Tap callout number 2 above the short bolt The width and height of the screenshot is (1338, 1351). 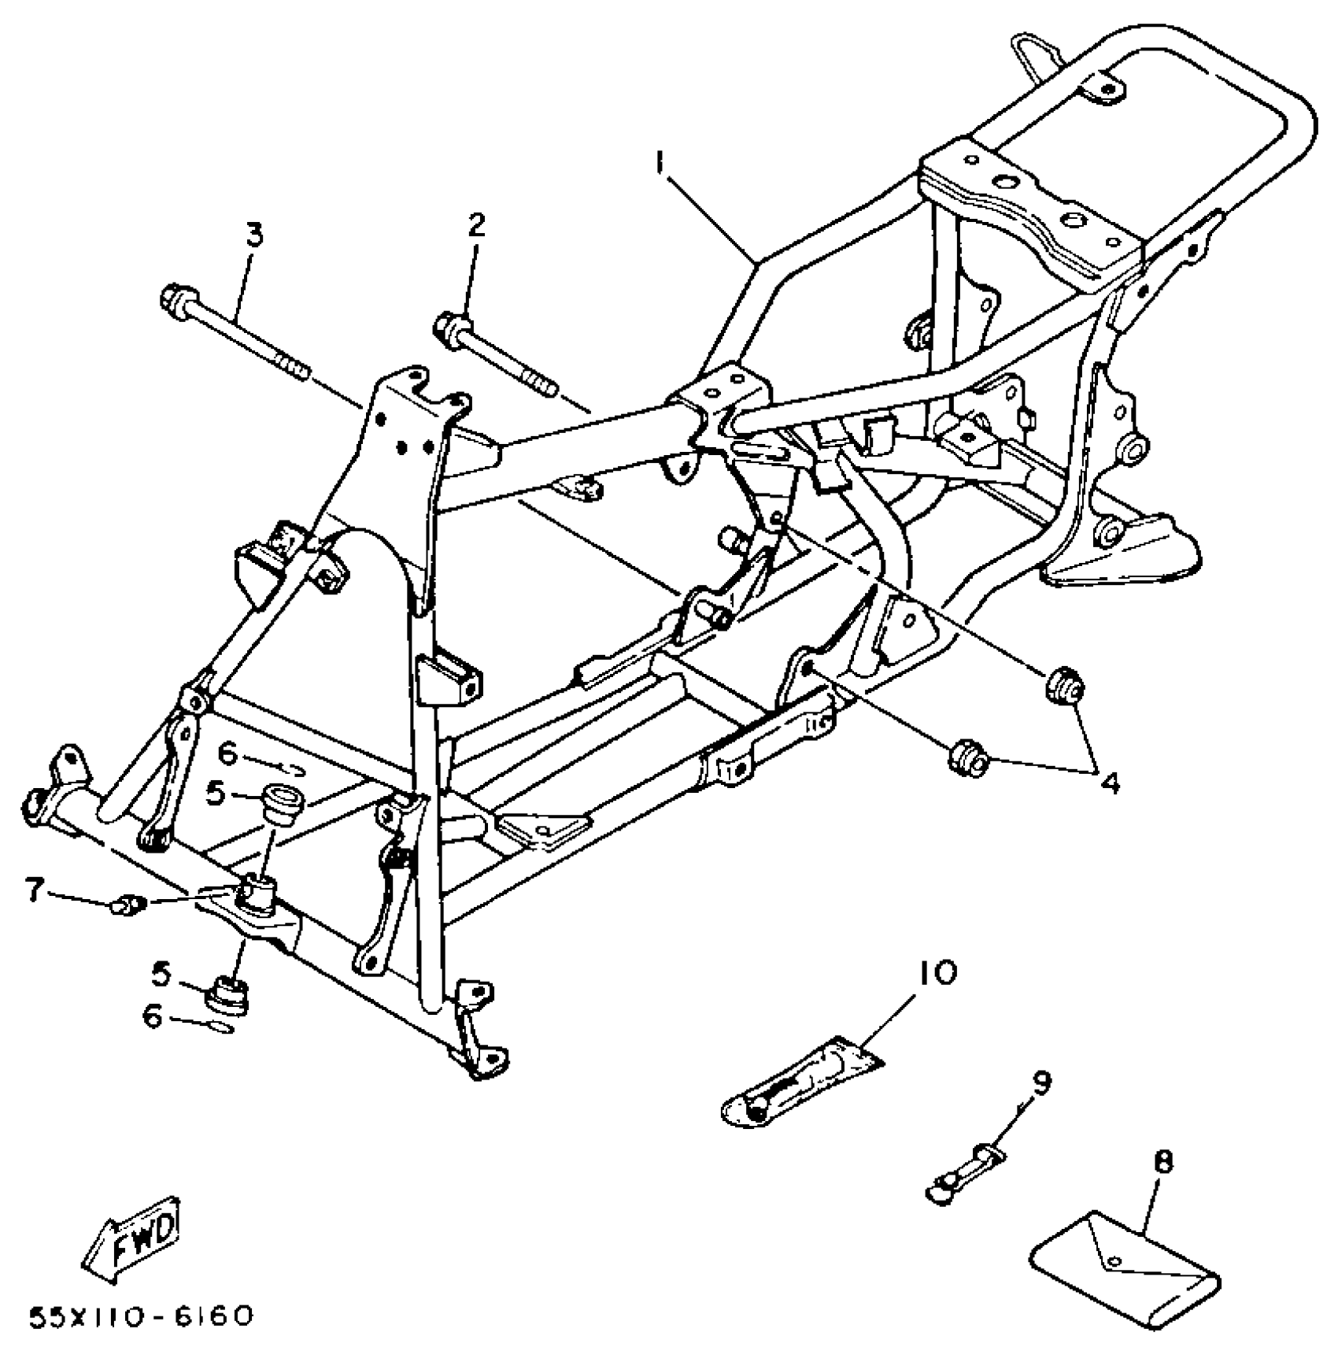pos(476,226)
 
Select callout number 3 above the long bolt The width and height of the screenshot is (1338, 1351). pos(254,235)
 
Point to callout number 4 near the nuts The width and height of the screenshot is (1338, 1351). pos(1110,783)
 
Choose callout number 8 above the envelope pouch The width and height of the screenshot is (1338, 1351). pos(1164,1161)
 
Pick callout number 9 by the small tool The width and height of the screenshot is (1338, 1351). pos(1040,1083)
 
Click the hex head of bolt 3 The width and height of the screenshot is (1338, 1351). pos(174,300)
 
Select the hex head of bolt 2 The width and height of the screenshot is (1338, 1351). pos(450,325)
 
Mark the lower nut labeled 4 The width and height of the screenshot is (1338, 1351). pos(968,757)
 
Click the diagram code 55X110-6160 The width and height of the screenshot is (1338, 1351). pos(142,1316)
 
